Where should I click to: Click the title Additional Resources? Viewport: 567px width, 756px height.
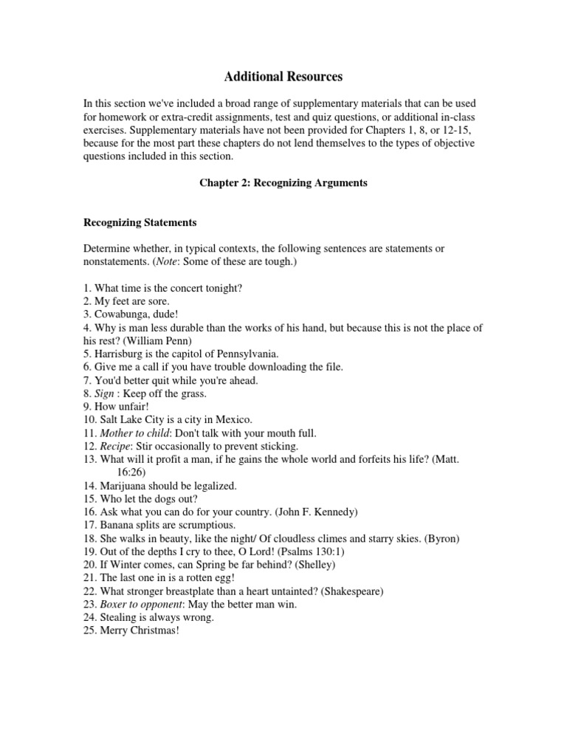click(x=283, y=76)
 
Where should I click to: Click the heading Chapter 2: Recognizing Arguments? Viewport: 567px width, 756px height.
click(x=283, y=182)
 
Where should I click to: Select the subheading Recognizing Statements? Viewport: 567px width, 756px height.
click(x=140, y=221)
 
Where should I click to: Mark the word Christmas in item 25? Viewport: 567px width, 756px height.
click(x=152, y=632)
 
